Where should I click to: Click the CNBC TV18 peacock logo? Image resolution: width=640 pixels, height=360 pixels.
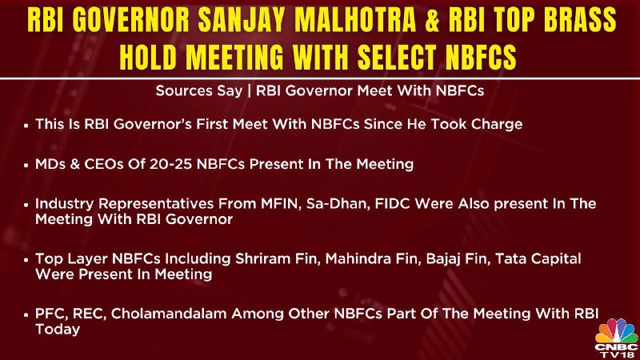point(617,338)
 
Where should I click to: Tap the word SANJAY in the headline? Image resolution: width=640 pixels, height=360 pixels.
point(242,20)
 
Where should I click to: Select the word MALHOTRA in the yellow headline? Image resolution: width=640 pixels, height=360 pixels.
point(355,20)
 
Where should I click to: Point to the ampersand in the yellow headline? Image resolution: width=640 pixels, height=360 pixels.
point(432,20)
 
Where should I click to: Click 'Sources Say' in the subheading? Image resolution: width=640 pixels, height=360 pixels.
point(198,90)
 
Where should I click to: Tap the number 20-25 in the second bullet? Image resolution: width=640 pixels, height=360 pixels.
point(170,164)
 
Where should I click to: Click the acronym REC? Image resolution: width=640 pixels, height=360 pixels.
point(90,314)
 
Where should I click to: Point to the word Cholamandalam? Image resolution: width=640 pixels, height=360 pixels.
point(169,314)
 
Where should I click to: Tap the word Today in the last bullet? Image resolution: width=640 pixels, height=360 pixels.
point(58,330)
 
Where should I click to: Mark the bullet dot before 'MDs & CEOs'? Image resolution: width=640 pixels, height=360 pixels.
point(26,165)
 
